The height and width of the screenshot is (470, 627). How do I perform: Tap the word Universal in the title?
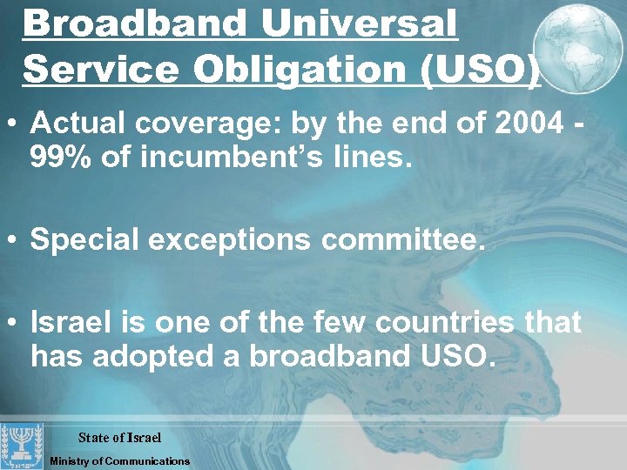360,24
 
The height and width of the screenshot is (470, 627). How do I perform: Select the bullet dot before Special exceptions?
17,240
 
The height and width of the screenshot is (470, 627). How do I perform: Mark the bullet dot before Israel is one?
17,323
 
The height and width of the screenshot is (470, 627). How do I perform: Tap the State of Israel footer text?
120,436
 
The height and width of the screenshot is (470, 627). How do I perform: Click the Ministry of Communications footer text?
119,460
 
